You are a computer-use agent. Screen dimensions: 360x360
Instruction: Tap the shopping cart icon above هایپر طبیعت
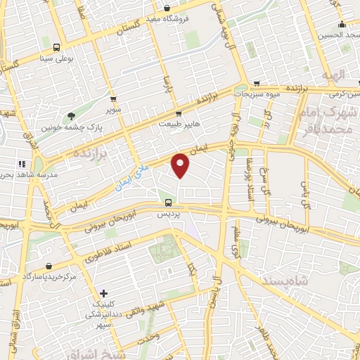point(179,113)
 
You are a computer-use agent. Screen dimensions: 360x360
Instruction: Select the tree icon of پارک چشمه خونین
point(71,117)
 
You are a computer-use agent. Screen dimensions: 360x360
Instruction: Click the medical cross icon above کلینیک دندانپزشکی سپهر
point(104,292)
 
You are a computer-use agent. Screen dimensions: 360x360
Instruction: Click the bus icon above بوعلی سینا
point(56,48)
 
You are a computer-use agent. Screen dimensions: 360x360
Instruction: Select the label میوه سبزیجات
point(257,94)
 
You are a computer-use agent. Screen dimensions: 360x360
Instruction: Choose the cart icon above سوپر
point(113,101)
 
